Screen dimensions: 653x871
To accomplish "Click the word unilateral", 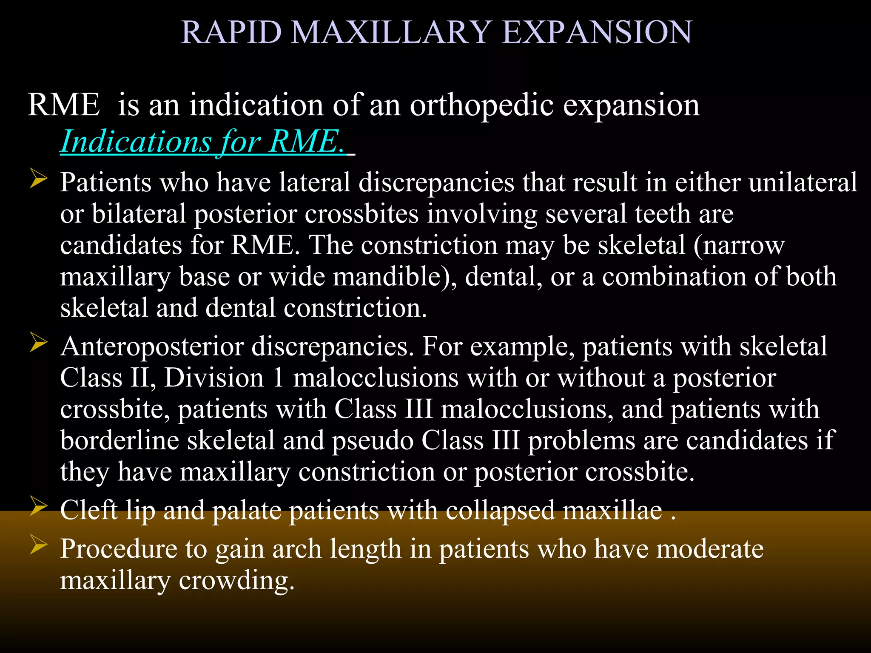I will pyautogui.click(x=803, y=182).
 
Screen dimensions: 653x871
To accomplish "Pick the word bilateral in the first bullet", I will pyautogui.click(x=139, y=214).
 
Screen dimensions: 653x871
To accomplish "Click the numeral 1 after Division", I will pyautogui.click(x=278, y=378).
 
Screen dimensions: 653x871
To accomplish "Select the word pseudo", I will pyautogui.click(x=373, y=441).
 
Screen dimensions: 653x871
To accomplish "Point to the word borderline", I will pyautogui.click(x=120, y=440).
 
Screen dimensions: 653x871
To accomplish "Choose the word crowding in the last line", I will pyautogui.click(x=236, y=581).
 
